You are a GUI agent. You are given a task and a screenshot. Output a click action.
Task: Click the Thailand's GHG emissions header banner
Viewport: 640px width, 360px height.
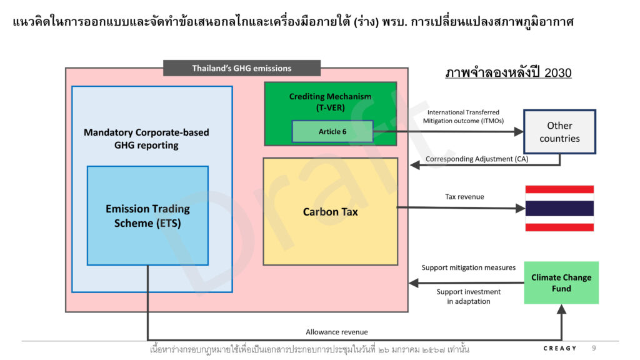point(242,68)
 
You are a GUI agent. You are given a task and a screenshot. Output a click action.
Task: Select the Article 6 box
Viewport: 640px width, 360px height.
point(332,131)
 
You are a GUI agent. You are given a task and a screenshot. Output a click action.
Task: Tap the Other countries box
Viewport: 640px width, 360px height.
point(559,132)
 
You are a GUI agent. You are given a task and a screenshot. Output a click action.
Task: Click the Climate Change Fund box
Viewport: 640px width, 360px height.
point(561,283)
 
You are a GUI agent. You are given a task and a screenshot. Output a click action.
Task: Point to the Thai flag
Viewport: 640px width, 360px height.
point(559,208)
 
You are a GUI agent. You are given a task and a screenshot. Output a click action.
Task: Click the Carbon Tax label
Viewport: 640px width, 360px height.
point(330,212)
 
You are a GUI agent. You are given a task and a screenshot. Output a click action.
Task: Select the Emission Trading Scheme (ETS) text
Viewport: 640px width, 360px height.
point(147,216)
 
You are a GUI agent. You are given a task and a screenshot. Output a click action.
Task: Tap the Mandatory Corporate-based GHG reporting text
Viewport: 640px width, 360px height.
point(146,139)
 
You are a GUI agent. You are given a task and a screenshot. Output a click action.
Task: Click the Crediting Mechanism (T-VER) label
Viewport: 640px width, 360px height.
point(330,102)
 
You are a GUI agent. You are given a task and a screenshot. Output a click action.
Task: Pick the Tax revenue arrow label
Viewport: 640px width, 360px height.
point(464,197)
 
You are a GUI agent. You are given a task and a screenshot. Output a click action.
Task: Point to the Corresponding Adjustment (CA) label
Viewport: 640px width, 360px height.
point(477,159)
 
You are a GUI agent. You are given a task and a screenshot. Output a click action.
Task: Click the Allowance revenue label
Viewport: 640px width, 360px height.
point(337,332)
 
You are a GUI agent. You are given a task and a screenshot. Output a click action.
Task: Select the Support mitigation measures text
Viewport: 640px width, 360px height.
point(469,267)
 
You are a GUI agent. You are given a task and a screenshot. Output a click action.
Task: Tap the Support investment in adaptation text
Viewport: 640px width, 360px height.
point(469,296)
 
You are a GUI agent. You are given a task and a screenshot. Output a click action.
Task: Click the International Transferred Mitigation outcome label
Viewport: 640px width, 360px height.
point(463,116)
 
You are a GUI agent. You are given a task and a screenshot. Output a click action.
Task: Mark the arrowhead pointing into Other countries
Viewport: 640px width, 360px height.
point(519,131)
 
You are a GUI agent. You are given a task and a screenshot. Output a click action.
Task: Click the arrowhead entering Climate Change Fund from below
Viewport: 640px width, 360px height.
point(562,309)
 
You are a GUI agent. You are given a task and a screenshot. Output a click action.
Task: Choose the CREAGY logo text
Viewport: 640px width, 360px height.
point(559,348)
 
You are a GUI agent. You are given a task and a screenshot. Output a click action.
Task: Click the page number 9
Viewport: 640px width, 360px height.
point(594,347)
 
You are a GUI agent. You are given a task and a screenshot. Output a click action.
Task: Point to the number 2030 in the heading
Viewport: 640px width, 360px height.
point(557,72)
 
